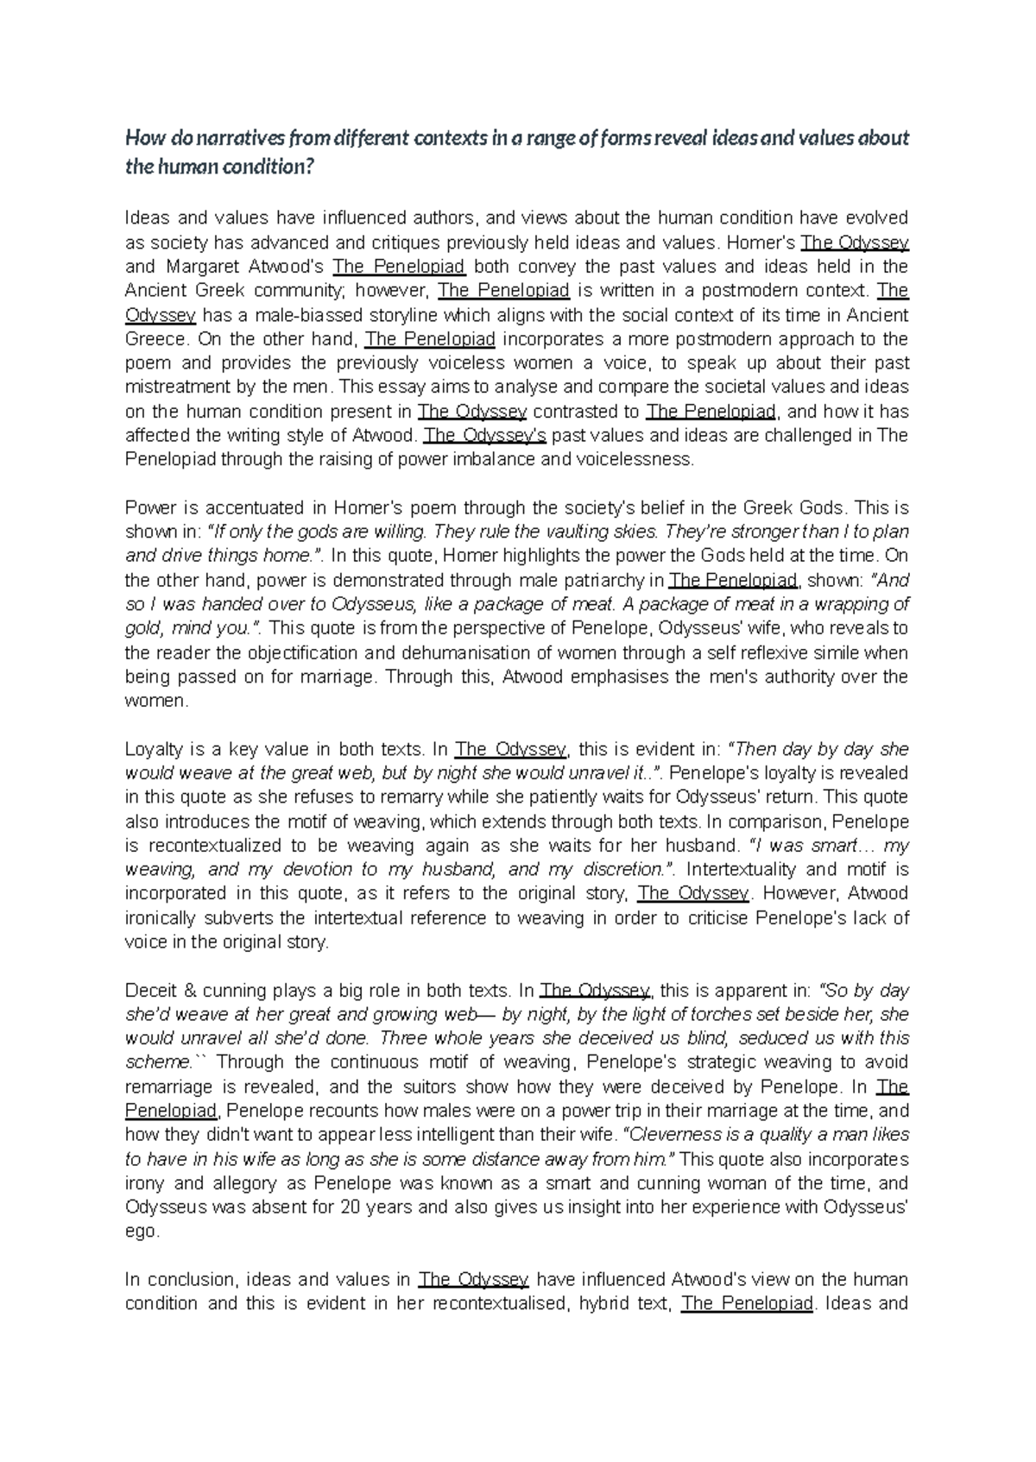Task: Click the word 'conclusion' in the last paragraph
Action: click(191, 1279)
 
